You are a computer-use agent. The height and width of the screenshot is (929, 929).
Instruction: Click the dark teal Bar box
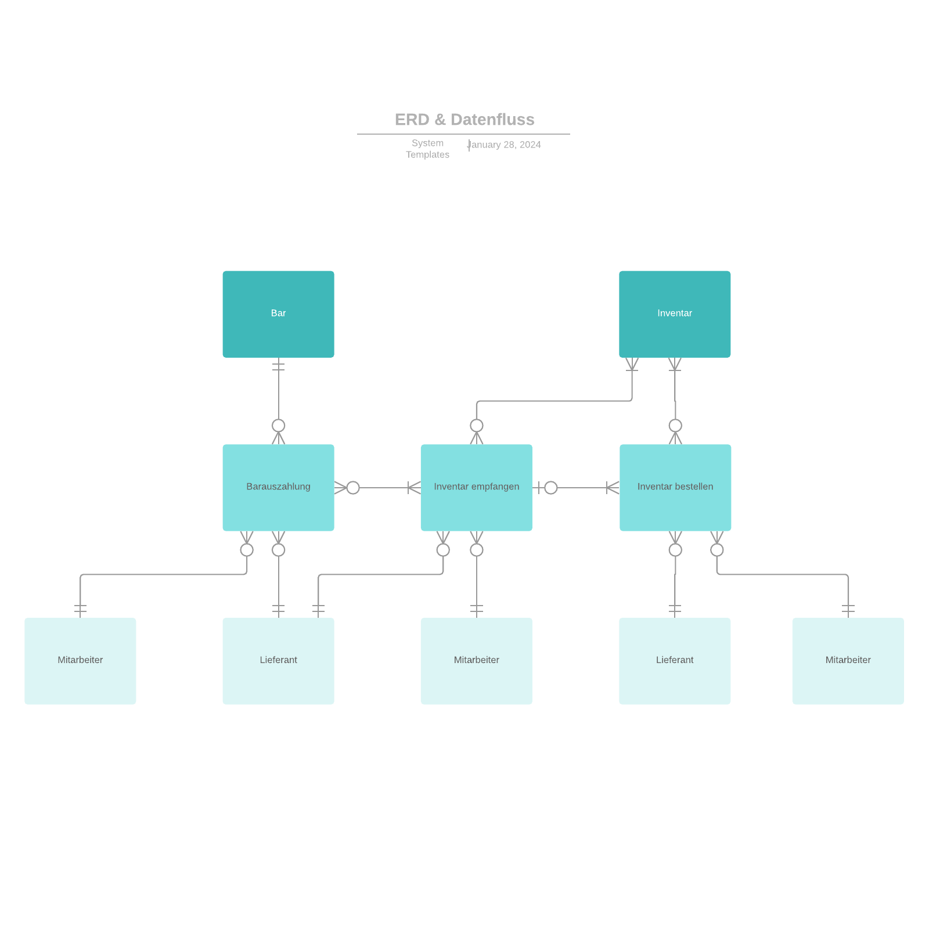(x=278, y=314)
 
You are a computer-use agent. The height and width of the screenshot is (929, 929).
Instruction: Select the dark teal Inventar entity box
(x=675, y=314)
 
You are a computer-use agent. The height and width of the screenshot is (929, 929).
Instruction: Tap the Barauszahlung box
(x=278, y=487)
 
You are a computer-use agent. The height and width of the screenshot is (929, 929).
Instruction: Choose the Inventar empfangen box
(x=476, y=487)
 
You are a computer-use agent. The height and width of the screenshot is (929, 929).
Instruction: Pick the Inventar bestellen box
(x=675, y=487)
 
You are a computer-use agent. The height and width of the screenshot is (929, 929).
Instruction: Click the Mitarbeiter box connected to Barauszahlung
(x=80, y=661)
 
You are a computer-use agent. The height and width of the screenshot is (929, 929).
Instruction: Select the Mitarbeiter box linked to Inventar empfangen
(x=476, y=661)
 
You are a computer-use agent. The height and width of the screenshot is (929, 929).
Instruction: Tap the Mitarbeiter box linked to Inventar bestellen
(x=848, y=661)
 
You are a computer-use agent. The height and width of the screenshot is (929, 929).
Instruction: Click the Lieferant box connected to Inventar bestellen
(x=675, y=661)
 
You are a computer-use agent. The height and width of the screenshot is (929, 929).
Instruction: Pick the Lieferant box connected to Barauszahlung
(x=278, y=661)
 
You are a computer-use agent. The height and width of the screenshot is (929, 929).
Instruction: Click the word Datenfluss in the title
(x=492, y=120)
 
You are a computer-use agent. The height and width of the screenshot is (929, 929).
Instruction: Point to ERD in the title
(x=412, y=120)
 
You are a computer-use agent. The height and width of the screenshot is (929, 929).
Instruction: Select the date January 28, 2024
(x=505, y=145)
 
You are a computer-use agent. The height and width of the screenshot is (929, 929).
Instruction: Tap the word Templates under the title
(x=427, y=154)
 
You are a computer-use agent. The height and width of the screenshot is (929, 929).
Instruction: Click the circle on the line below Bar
(x=278, y=426)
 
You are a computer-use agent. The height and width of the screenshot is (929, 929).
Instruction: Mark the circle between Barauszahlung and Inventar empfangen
(x=353, y=488)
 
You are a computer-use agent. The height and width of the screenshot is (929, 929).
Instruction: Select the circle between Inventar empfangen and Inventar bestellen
(x=551, y=488)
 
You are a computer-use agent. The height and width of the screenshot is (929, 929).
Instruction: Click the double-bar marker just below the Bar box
(x=278, y=366)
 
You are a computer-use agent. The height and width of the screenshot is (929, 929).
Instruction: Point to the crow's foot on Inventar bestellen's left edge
(x=613, y=488)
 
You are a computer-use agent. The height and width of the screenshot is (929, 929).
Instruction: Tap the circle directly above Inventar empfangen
(x=477, y=426)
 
